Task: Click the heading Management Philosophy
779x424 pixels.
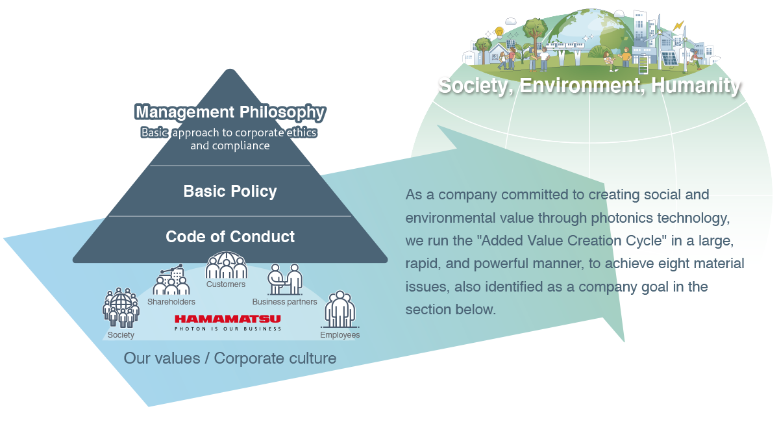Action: click(230, 112)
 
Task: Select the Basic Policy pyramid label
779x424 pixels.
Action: click(230, 192)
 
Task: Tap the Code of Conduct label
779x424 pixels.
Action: click(230, 236)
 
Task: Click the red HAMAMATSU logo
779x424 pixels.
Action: click(227, 319)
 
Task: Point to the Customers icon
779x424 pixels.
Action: click(226, 267)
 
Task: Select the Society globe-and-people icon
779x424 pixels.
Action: click(121, 308)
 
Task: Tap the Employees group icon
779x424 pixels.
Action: click(340, 309)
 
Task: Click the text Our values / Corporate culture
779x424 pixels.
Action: click(230, 358)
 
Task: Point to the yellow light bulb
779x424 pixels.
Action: click(499, 31)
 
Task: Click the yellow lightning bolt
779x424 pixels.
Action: click(678, 26)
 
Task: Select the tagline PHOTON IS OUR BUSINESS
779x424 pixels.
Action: click(227, 329)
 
